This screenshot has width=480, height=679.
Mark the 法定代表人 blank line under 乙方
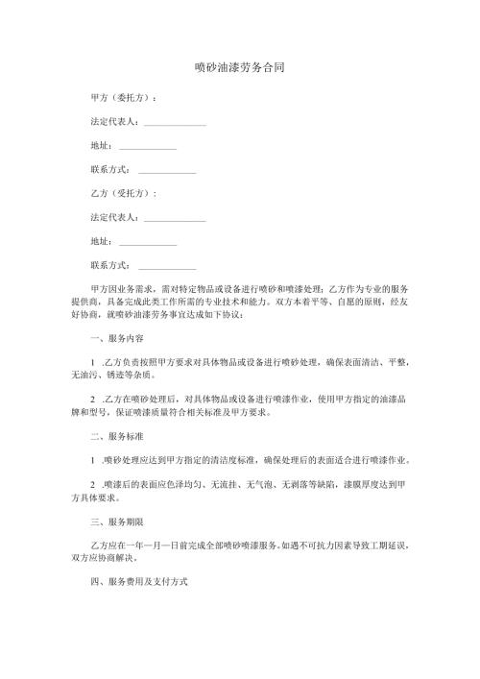click(x=174, y=218)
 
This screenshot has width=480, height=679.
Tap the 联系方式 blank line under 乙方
click(x=167, y=265)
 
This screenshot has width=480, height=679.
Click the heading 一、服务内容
click(x=115, y=338)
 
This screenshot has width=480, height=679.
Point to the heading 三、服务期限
click(x=115, y=521)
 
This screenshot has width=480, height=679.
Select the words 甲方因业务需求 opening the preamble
click(x=119, y=289)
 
